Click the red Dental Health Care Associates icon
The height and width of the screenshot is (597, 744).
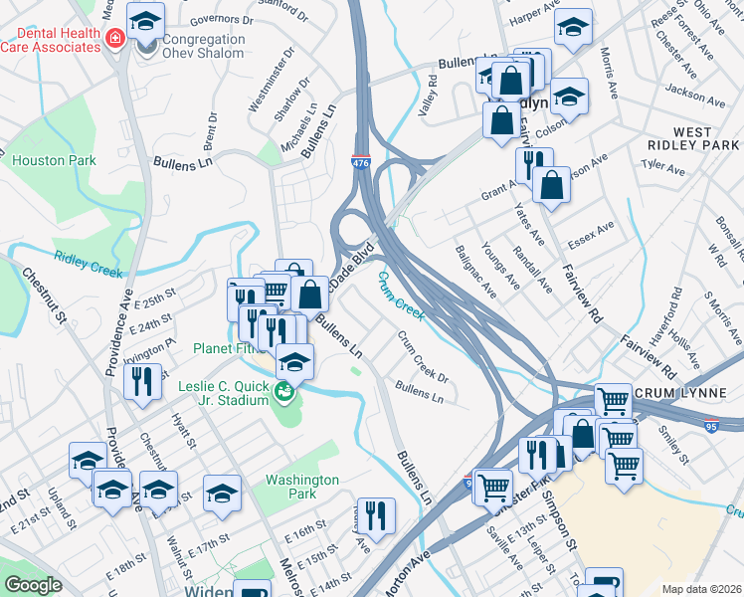tap(115, 39)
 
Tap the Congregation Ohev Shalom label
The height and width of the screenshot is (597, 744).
tap(190, 46)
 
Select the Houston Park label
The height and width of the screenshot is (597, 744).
tap(54, 160)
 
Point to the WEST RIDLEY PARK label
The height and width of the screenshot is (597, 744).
tap(692, 137)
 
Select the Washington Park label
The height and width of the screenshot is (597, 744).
tap(301, 487)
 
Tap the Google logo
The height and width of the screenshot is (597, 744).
tap(34, 585)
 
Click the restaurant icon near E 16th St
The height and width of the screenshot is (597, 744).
tap(375, 516)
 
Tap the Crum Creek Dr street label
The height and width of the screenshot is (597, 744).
tap(424, 355)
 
